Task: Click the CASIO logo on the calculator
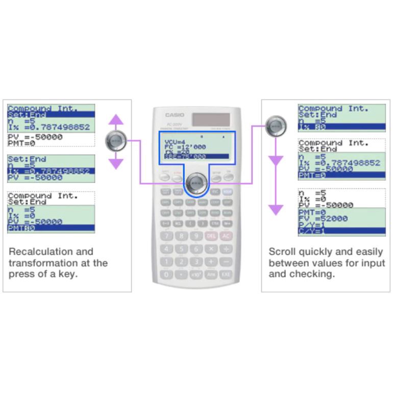[x=175, y=115]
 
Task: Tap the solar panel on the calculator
[x=211, y=119]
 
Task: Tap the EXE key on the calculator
[x=226, y=274]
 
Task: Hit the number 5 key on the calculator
[x=182, y=249]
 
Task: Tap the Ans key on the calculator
[x=211, y=274]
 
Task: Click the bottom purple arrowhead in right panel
[x=276, y=209]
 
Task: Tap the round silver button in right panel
[x=276, y=126]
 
